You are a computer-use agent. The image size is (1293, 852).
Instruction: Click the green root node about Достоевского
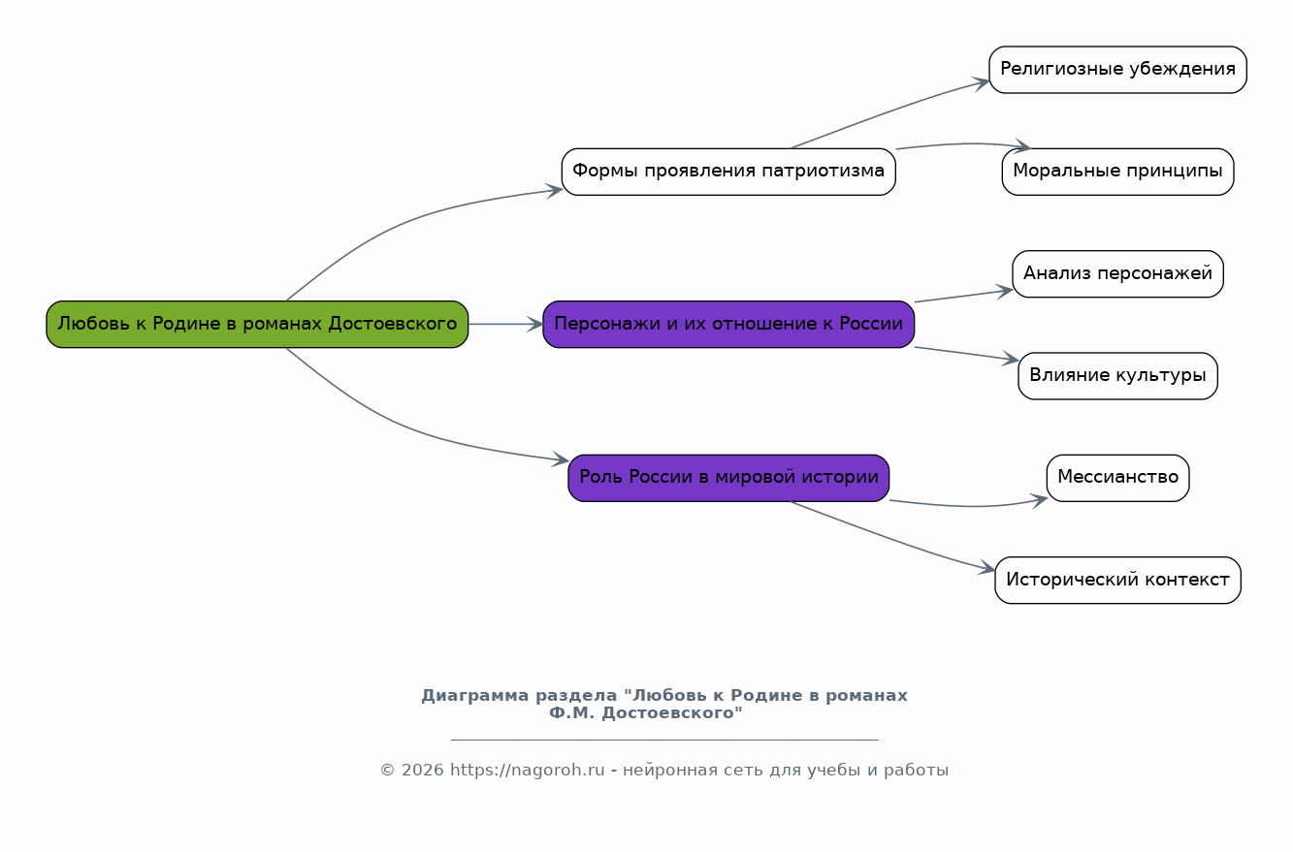(x=257, y=324)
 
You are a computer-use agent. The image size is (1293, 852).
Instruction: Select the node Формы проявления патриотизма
(x=728, y=172)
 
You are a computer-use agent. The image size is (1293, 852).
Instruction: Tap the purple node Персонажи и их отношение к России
(x=728, y=324)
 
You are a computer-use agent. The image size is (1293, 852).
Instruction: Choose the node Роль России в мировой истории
(x=728, y=478)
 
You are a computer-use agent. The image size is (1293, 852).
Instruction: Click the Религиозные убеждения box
(x=1117, y=70)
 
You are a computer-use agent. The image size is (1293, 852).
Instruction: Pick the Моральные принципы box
(x=1117, y=172)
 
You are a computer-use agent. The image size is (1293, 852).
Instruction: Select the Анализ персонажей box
(x=1117, y=274)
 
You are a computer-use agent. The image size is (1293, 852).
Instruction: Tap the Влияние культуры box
(x=1117, y=376)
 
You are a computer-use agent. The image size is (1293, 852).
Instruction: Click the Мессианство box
(x=1117, y=478)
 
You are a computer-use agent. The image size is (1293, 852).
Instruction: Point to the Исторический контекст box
(x=1117, y=580)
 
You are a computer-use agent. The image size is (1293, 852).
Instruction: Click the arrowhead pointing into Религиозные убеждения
(x=982, y=83)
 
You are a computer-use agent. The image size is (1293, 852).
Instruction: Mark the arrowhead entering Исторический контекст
(x=987, y=569)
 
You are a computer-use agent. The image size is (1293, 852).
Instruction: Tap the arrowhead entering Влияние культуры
(x=1011, y=360)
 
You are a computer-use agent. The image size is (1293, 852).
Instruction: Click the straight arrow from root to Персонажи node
(x=504, y=324)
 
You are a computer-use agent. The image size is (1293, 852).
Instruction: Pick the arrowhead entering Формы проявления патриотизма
(x=555, y=190)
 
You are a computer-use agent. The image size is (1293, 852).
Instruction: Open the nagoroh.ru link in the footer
(x=527, y=771)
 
